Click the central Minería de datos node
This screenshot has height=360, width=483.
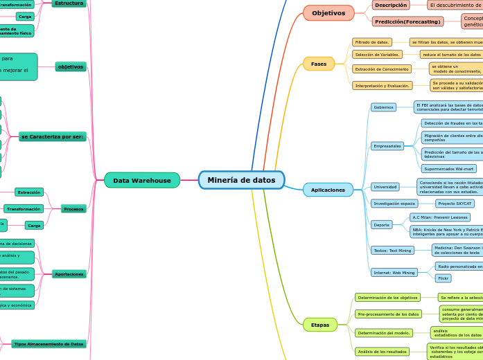tap(241, 180)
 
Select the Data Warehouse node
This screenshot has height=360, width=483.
tap(142, 181)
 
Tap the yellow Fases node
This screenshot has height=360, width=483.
tap(319, 64)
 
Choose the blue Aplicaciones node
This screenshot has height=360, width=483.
tap(328, 190)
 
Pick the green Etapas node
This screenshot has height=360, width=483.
tap(320, 324)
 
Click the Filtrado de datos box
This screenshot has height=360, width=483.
tap(372, 42)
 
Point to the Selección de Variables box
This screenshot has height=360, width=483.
tap(377, 54)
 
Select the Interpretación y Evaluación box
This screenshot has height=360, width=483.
tap(382, 86)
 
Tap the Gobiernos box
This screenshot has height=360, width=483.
tap(383, 107)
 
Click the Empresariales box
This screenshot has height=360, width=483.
tap(387, 146)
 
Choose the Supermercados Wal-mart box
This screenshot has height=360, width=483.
tap(449, 168)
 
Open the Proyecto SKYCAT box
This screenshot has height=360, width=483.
tap(455, 204)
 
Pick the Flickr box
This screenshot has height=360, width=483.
tap(443, 278)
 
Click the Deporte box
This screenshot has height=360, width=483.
tap(382, 224)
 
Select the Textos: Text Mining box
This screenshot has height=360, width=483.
tap(392, 251)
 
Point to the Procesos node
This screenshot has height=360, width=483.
tap(73, 208)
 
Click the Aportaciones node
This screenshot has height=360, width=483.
tap(69, 274)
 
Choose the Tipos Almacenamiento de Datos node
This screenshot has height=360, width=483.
tap(49, 343)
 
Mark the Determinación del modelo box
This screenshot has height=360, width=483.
tap(384, 333)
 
